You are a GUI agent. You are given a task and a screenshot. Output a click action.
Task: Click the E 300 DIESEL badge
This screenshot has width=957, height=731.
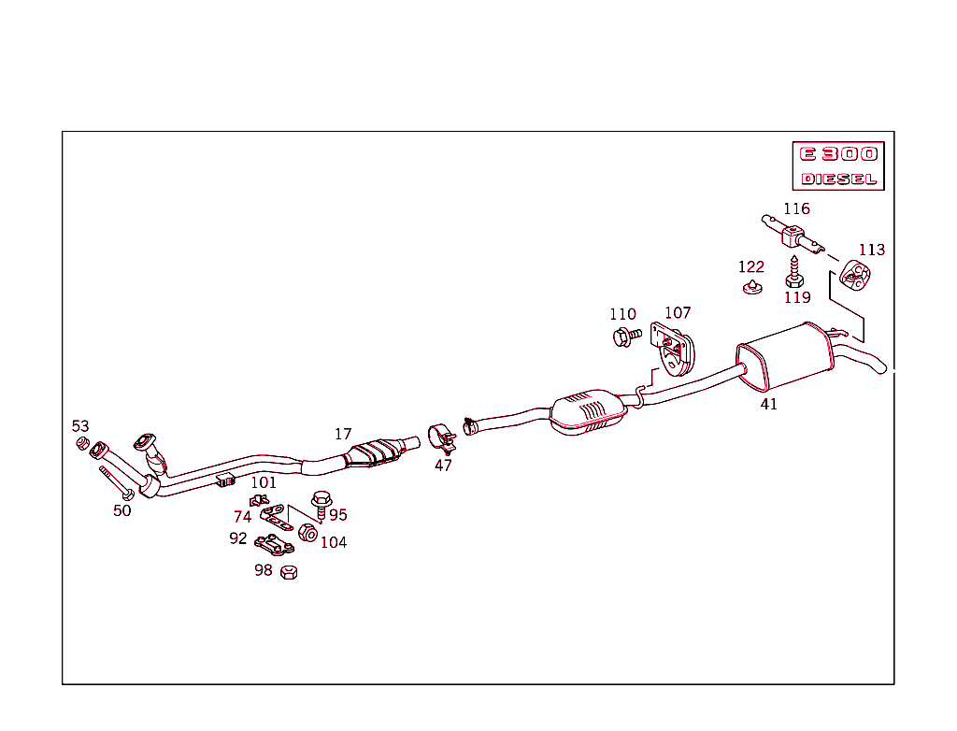[x=838, y=165]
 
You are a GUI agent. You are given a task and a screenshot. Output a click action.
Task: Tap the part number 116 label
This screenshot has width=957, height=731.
[x=796, y=208]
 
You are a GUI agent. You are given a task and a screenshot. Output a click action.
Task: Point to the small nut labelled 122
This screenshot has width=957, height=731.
[x=750, y=285]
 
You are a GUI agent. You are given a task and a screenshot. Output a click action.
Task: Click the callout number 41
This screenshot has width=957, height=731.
[x=768, y=404]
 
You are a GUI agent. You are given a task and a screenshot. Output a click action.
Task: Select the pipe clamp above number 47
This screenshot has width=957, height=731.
[x=441, y=437]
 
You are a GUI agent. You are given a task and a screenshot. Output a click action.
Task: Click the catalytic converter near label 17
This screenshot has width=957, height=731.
[x=376, y=452]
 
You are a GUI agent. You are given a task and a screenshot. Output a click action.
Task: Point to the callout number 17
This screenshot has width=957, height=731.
[x=343, y=434]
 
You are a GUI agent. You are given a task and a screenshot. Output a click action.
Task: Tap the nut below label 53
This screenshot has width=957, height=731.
[x=82, y=442]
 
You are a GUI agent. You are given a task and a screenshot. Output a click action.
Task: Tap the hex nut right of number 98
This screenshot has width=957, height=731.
[x=289, y=571]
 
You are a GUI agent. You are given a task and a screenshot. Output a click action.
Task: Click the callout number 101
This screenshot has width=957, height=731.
[x=264, y=482]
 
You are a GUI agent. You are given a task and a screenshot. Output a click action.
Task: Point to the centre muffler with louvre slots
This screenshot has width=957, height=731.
[x=588, y=412]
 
